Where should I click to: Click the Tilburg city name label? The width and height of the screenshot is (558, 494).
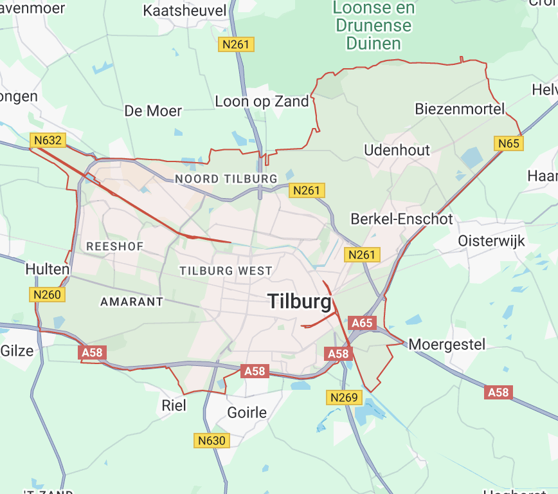(x=300, y=301)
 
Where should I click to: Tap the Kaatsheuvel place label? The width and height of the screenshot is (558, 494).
(x=184, y=11)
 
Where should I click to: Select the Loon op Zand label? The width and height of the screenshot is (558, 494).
(x=262, y=101)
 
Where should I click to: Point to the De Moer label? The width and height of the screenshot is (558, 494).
(x=153, y=111)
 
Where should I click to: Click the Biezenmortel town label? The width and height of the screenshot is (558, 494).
(x=460, y=108)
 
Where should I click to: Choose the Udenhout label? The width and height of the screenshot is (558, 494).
(x=397, y=150)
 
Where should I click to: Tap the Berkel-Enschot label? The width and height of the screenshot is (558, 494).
(x=402, y=219)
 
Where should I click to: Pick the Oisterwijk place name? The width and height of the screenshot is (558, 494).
(x=491, y=241)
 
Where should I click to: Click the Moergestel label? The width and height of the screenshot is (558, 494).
(x=447, y=344)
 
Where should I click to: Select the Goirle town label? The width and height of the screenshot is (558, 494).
(x=247, y=412)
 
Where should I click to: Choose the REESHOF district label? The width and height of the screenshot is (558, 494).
(x=114, y=246)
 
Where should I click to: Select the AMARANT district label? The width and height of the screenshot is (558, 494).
(x=132, y=301)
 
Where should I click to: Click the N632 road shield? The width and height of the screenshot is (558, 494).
(x=48, y=140)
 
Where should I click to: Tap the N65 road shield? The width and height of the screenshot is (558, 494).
(x=509, y=143)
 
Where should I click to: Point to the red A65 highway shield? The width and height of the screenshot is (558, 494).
(x=363, y=323)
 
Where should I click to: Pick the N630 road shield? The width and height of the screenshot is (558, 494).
(x=211, y=441)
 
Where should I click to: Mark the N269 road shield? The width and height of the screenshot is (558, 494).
(x=343, y=398)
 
